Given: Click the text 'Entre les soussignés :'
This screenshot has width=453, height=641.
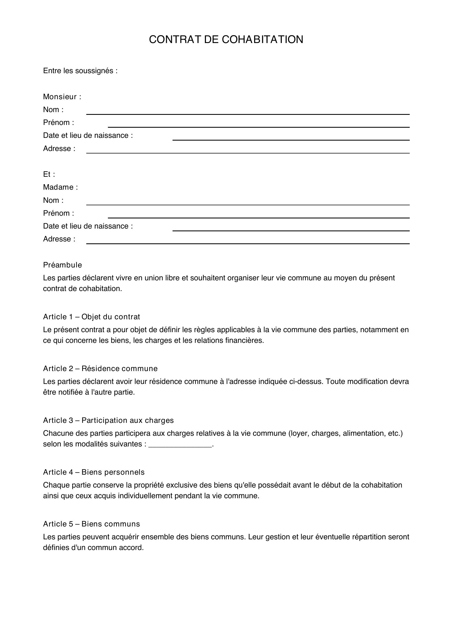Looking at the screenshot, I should click(80, 71).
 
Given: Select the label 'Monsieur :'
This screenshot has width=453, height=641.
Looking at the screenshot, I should click(62, 97).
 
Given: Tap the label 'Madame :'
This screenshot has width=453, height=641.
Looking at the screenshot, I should click(60, 187).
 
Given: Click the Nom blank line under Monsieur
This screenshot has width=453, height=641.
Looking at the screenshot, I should click(248, 112).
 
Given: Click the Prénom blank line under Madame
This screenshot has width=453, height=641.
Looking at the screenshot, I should click(259, 215).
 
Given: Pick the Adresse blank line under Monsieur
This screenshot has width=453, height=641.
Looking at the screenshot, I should click(248, 151).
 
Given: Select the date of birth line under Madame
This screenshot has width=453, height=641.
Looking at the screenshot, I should click(291, 228).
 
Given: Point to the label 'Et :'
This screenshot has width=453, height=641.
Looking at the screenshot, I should click(49, 175).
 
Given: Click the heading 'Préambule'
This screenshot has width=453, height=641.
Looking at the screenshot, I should click(62, 265).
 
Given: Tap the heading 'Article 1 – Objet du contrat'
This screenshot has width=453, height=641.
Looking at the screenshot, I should click(91, 317).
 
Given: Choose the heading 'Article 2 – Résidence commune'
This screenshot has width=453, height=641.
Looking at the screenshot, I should click(101, 369).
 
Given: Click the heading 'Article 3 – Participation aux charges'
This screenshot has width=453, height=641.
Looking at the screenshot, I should click(108, 420).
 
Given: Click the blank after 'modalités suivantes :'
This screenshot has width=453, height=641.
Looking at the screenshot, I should click(180, 445).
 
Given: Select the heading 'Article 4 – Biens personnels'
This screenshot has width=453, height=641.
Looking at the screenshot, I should click(94, 472).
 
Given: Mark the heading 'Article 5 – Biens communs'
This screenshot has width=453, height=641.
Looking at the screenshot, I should click(91, 524).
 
